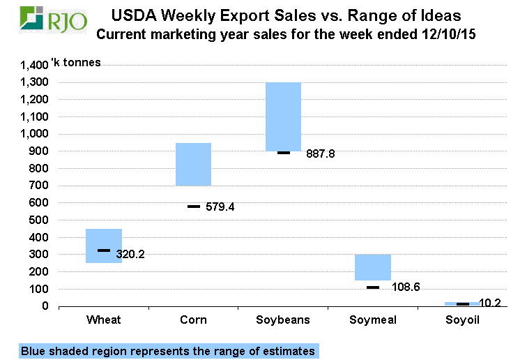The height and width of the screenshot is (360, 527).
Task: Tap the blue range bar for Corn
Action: click(x=193, y=164)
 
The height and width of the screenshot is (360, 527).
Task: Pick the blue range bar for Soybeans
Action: click(x=283, y=115)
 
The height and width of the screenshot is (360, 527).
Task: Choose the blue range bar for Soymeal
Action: click(x=373, y=267)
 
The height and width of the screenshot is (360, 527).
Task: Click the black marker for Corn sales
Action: click(x=193, y=207)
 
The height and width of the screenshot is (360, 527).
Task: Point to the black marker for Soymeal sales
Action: click(x=373, y=287)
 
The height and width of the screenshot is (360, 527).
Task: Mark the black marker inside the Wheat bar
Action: click(x=104, y=250)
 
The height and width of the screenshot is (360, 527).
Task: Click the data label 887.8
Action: click(x=321, y=154)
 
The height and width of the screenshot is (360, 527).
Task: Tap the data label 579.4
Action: click(x=220, y=207)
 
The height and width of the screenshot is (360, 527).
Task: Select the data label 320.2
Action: click(x=130, y=254)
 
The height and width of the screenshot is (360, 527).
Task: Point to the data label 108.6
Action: click(x=400, y=287)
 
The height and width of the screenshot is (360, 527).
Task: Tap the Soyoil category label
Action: click(x=462, y=320)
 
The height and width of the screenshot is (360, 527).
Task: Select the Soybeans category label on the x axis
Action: click(x=283, y=320)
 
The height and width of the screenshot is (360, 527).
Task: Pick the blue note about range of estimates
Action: click(x=167, y=351)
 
